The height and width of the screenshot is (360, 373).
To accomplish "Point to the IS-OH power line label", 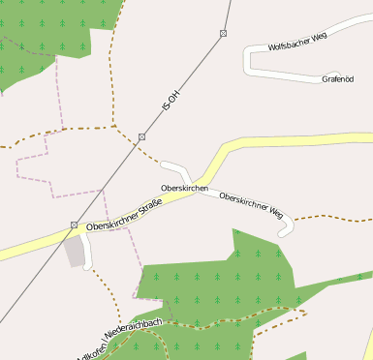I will point(171,100).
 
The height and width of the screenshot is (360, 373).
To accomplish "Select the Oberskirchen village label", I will point(184,188).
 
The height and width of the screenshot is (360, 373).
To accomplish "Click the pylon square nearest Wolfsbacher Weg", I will point(223,34).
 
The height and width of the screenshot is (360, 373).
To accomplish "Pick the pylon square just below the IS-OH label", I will point(141,137).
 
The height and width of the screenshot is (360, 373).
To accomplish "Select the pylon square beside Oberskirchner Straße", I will point(74,225).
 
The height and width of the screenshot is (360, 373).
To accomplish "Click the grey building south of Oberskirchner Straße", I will point(75,253).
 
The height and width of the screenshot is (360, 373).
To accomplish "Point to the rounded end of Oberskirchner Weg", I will point(285,231).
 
